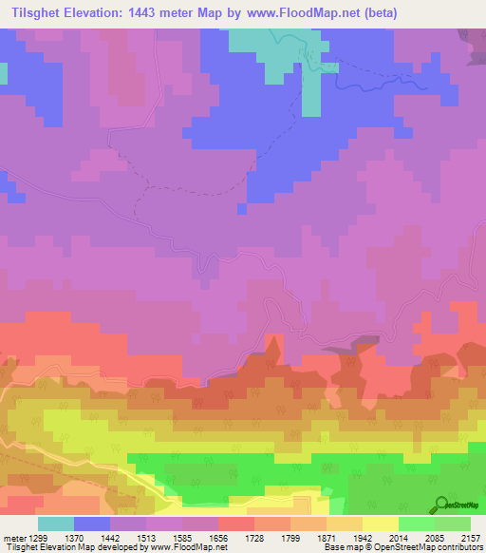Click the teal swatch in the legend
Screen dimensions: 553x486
pyautogui.click(x=56, y=524)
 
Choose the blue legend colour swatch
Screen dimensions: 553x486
pyautogui.click(x=92, y=524)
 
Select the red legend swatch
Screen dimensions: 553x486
pyautogui.click(x=236, y=524)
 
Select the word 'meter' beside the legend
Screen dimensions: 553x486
pyautogui.click(x=14, y=538)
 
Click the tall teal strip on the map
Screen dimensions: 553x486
pyautogui.click(x=311, y=90)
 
